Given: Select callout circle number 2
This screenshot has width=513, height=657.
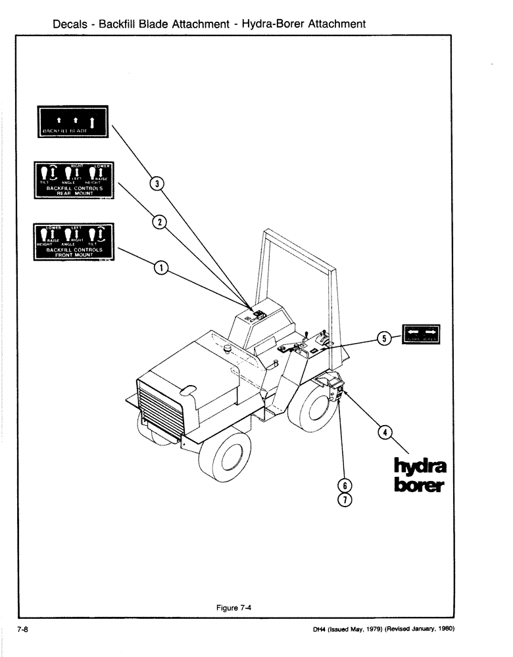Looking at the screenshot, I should (158, 222).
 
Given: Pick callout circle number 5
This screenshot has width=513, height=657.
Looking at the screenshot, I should (384, 338).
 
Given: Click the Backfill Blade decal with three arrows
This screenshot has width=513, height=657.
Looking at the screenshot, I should (72, 121).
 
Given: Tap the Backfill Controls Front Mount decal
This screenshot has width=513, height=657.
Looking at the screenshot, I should (72, 242).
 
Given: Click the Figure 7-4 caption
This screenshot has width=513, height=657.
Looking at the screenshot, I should (234, 608).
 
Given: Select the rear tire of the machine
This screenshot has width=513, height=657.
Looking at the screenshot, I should (318, 405).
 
